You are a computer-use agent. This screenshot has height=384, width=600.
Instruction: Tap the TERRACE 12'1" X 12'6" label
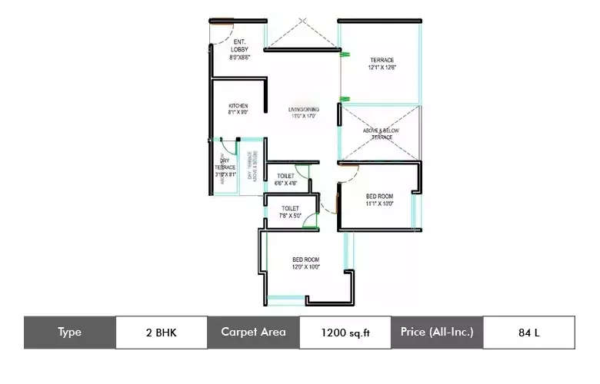382,63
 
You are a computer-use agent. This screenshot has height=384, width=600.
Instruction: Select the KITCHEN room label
238,108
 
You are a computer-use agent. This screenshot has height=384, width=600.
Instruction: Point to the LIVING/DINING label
304,113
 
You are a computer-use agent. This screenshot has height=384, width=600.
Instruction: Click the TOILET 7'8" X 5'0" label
290,211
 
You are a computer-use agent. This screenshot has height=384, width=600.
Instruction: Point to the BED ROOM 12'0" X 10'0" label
305,263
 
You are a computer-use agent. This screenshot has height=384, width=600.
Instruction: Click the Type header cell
69,333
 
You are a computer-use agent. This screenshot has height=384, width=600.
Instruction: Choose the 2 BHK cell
161,333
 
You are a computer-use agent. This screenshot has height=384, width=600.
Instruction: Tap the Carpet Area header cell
253,333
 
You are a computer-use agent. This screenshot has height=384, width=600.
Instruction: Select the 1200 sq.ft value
345,333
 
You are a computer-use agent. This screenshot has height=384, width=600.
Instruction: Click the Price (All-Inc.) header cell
437,333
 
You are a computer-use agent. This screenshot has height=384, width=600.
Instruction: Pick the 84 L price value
528,333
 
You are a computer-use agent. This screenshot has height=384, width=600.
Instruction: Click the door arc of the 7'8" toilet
310,220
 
